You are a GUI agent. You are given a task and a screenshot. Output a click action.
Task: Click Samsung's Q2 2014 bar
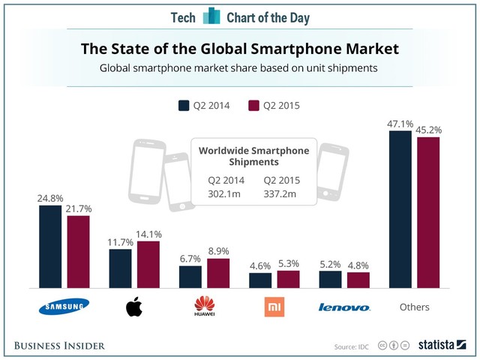(50, 246)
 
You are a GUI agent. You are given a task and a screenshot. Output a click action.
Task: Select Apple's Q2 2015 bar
(148, 265)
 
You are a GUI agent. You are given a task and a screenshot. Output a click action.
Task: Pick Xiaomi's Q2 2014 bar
(260, 280)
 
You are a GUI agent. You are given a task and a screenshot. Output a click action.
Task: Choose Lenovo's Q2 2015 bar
(358, 280)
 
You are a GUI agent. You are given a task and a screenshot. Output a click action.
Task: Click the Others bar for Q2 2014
(400, 209)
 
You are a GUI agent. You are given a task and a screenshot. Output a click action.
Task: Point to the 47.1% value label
(400, 123)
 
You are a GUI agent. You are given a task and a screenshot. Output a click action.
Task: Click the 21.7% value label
(78, 208)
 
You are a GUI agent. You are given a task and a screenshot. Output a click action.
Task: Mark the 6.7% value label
(190, 258)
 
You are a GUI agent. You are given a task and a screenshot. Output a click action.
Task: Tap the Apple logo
(133, 306)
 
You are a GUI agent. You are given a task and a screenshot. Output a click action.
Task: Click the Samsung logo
(64, 306)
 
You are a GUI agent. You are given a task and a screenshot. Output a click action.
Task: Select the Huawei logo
(203, 305)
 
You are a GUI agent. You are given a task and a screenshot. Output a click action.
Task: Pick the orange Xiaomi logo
(274, 306)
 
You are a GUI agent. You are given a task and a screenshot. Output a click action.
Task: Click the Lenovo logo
(343, 307)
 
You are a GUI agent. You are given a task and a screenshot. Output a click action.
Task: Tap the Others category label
(413, 307)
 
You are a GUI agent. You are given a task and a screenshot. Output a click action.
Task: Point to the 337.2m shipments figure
(280, 195)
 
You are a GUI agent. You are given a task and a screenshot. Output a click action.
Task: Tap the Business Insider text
(59, 345)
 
